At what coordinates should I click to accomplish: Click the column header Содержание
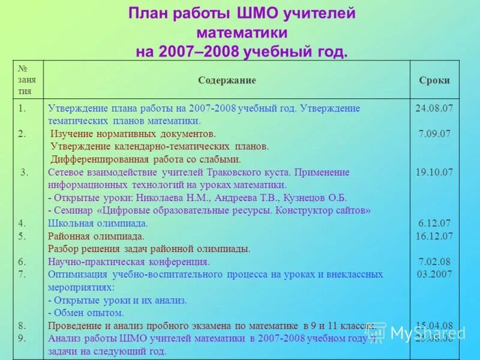point(227,80)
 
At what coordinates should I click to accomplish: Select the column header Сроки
point(434,80)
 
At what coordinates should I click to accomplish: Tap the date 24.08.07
point(434,108)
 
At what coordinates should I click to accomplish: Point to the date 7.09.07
point(434,134)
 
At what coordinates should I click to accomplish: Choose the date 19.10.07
point(434,172)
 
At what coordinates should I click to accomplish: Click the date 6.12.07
point(434,223)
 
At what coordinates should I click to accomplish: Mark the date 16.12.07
point(434,236)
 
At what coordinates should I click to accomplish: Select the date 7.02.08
point(434,262)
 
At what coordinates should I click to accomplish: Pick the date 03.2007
point(434,274)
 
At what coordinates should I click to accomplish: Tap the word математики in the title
point(241,32)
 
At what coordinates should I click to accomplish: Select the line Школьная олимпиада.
point(98,223)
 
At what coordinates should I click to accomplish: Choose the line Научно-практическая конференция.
point(128,262)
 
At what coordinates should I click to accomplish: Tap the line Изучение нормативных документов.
point(133,134)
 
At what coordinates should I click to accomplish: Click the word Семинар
point(74,211)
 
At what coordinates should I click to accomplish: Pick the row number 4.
point(22,223)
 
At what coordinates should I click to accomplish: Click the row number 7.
point(22,274)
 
